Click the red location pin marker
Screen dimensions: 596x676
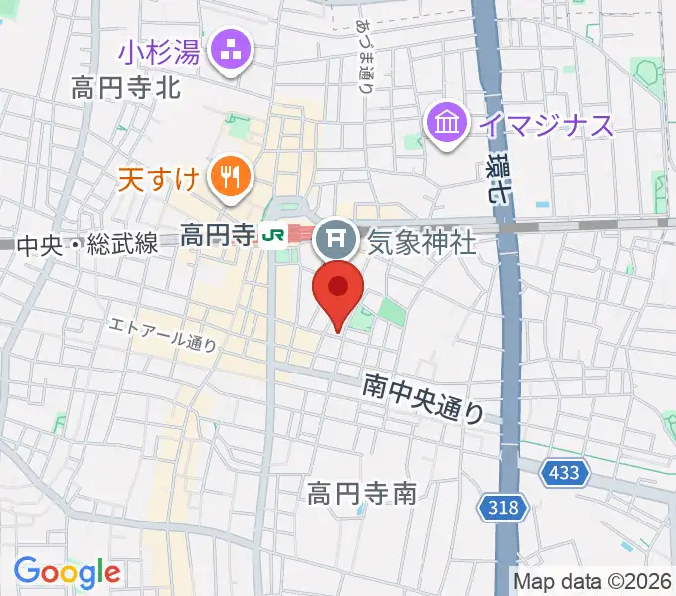click(338, 293)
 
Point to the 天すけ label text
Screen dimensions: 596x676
click(159, 180)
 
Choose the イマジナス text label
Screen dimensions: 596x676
click(546, 125)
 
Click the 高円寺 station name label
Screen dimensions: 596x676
click(218, 235)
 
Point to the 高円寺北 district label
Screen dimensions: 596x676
click(125, 88)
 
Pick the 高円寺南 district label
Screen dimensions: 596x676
click(361, 492)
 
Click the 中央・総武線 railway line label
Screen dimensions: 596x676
click(87, 245)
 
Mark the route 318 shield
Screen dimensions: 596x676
click(502, 509)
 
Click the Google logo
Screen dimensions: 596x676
click(67, 571)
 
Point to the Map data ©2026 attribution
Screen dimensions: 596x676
click(592, 581)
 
